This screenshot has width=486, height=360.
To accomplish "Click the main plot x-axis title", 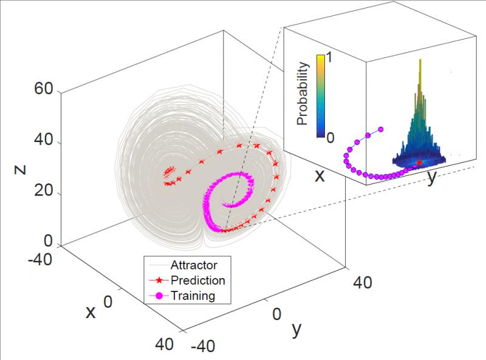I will click(x=91, y=311).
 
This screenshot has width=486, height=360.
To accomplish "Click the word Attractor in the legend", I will click(x=194, y=265).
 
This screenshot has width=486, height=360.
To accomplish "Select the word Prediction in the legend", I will click(x=198, y=280).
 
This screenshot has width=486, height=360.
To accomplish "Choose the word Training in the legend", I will click(x=193, y=296).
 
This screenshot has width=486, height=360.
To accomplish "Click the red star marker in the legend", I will click(x=159, y=280).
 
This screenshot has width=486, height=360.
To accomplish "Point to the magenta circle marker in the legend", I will click(x=159, y=296).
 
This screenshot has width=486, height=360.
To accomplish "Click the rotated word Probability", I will click(x=304, y=93).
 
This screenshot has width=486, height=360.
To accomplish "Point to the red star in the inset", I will click(x=419, y=163).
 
